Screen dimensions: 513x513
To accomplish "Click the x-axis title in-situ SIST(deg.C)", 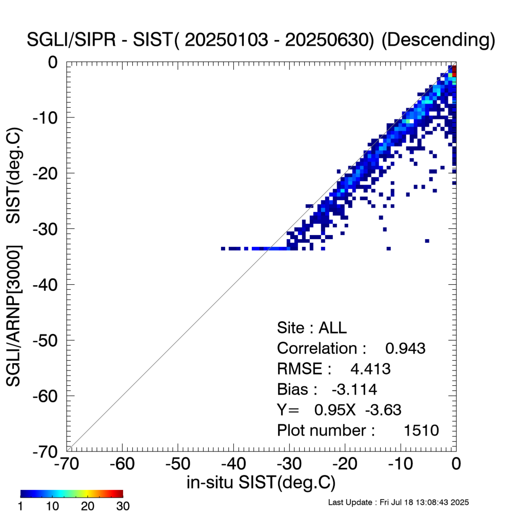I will click(261, 483).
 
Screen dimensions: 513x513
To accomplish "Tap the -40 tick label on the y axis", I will click(49, 284).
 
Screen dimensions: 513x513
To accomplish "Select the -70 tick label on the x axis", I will click(67, 464).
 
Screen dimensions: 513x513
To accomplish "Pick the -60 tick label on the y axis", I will click(49, 396).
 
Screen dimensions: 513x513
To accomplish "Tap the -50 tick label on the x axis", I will click(178, 464).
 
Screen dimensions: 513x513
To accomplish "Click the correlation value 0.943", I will click(405, 348).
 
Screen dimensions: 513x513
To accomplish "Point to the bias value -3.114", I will click(354, 389).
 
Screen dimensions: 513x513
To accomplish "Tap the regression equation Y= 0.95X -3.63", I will click(339, 409).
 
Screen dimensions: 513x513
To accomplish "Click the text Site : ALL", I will click(305, 328).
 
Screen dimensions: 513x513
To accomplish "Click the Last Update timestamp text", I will click(398, 501).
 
